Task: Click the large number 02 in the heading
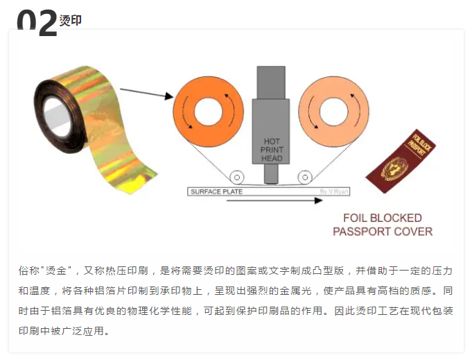point(36,22)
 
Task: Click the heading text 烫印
point(70,20)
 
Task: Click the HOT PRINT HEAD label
point(271,149)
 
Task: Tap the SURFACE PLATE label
point(216,191)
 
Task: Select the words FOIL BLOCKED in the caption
point(383,217)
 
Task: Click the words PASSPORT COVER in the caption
point(383,232)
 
